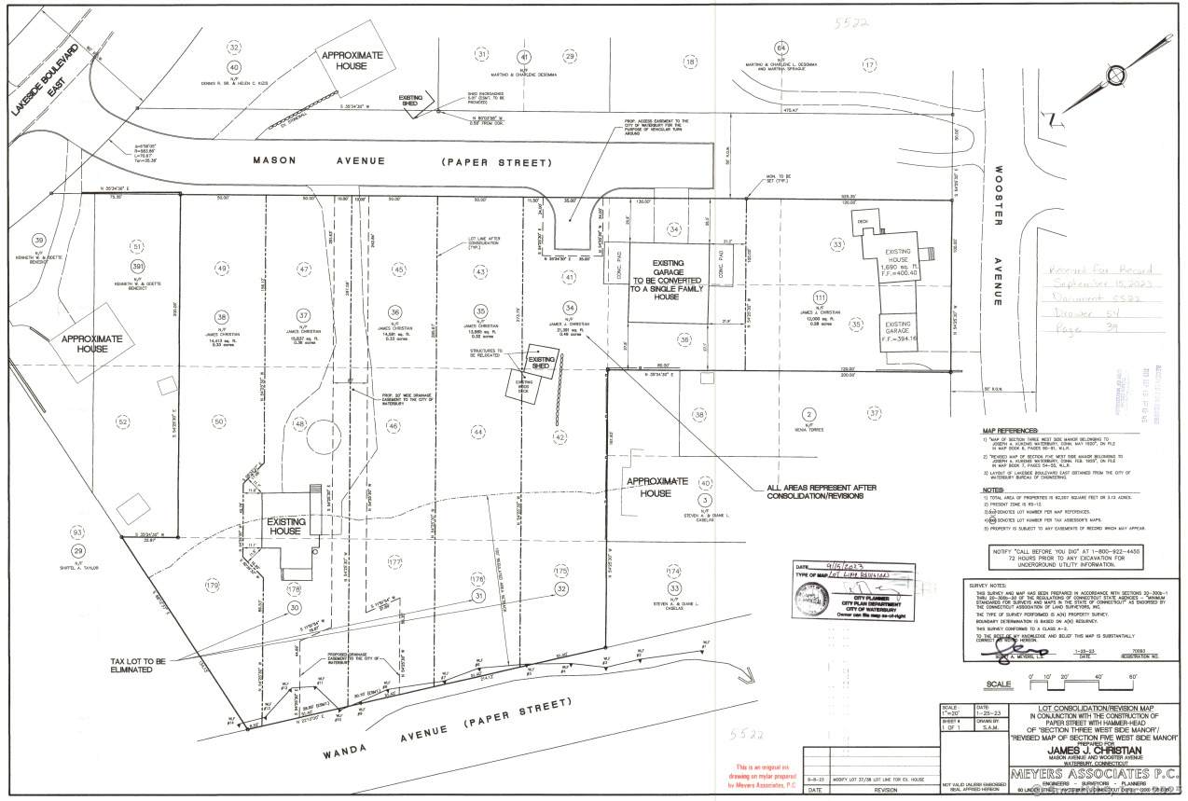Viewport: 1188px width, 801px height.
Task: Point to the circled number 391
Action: point(137,266)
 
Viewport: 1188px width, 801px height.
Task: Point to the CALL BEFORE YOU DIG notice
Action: point(1069,558)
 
